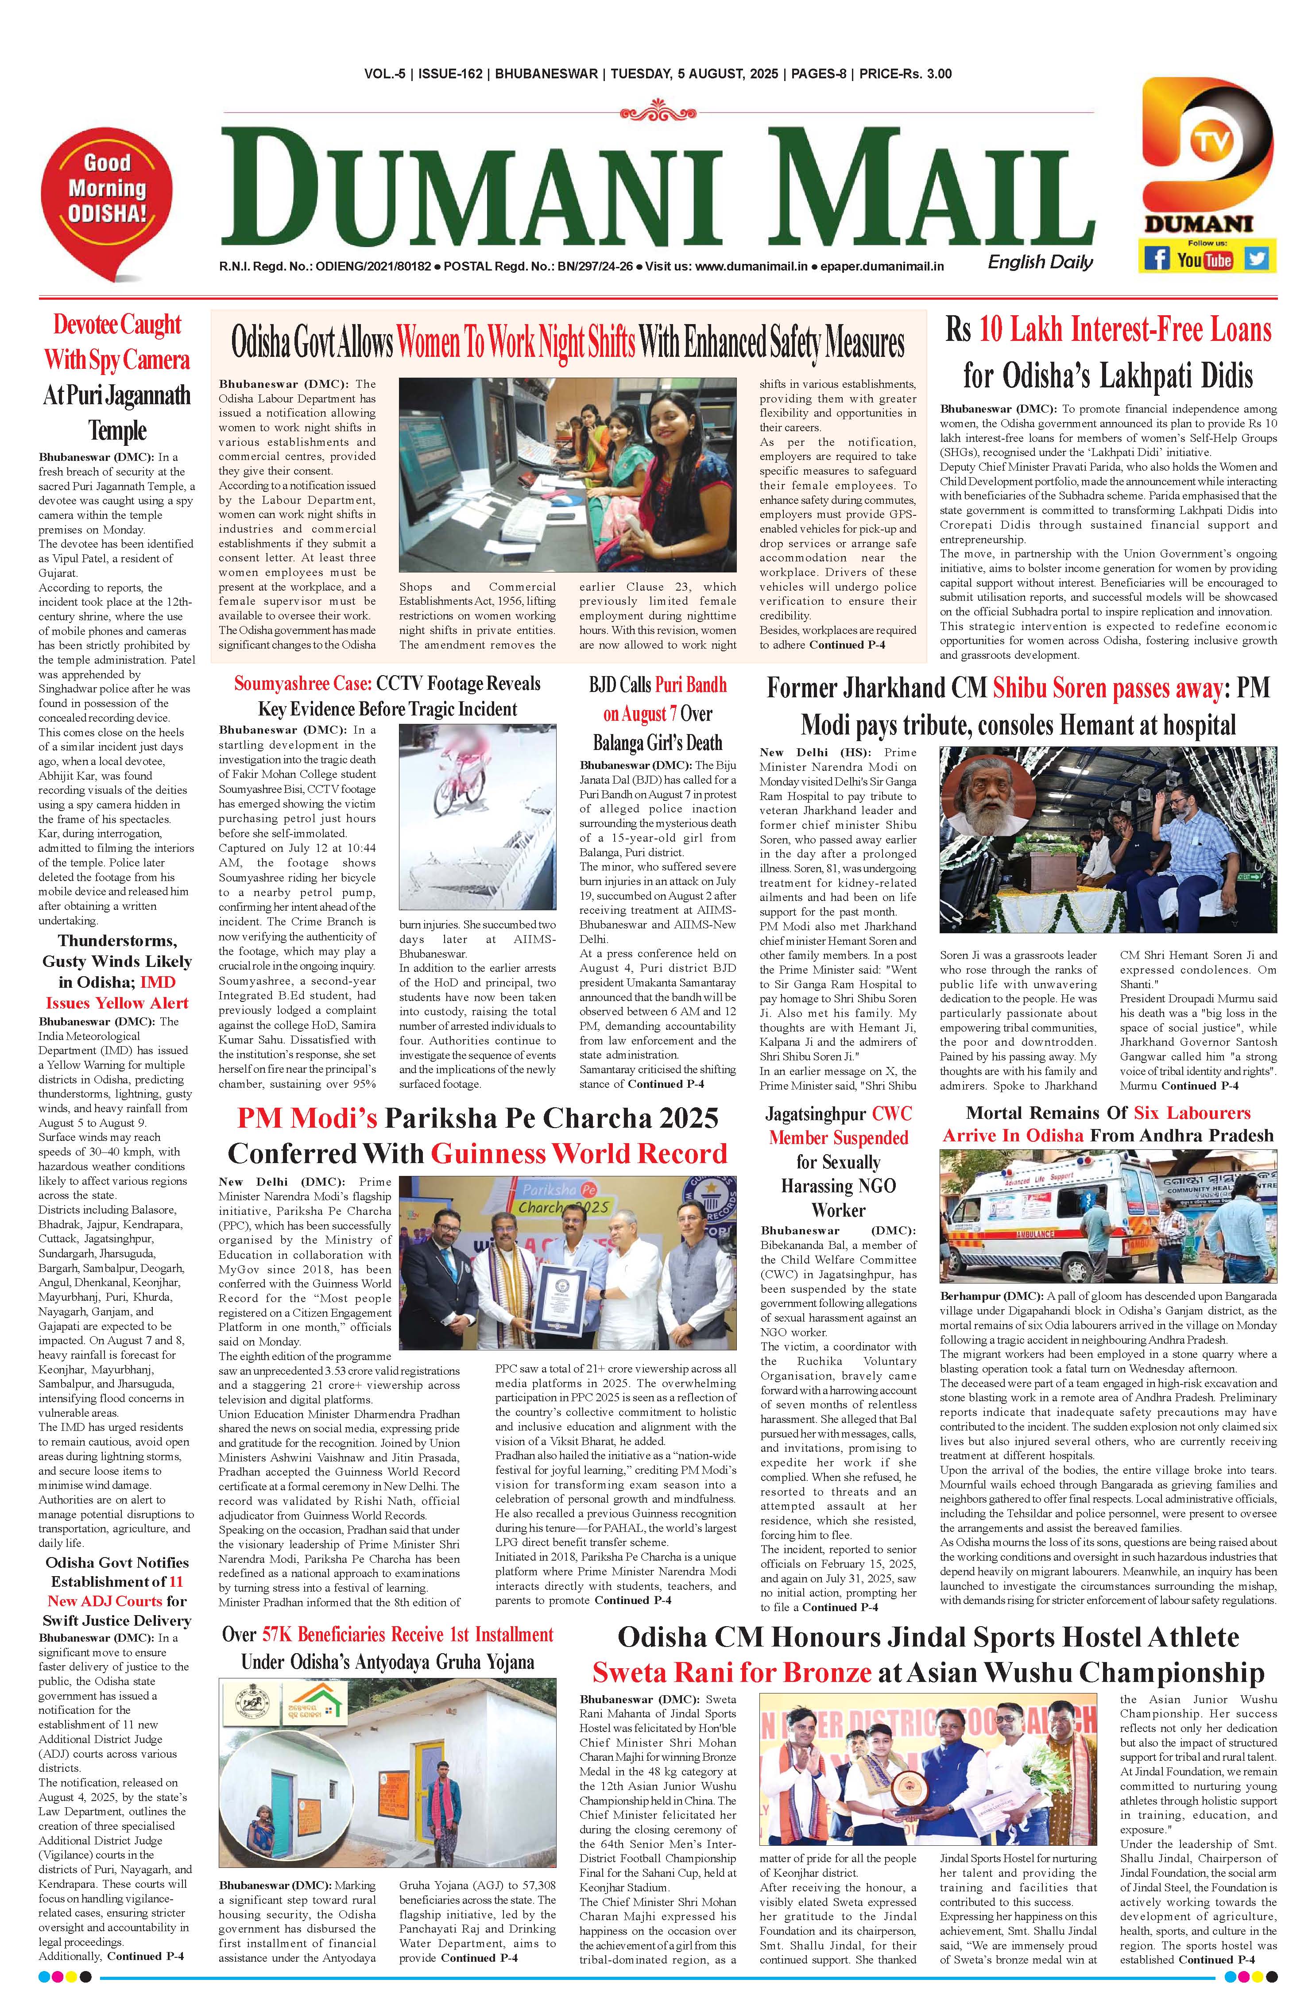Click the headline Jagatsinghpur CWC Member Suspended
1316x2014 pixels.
pos(838,1125)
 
